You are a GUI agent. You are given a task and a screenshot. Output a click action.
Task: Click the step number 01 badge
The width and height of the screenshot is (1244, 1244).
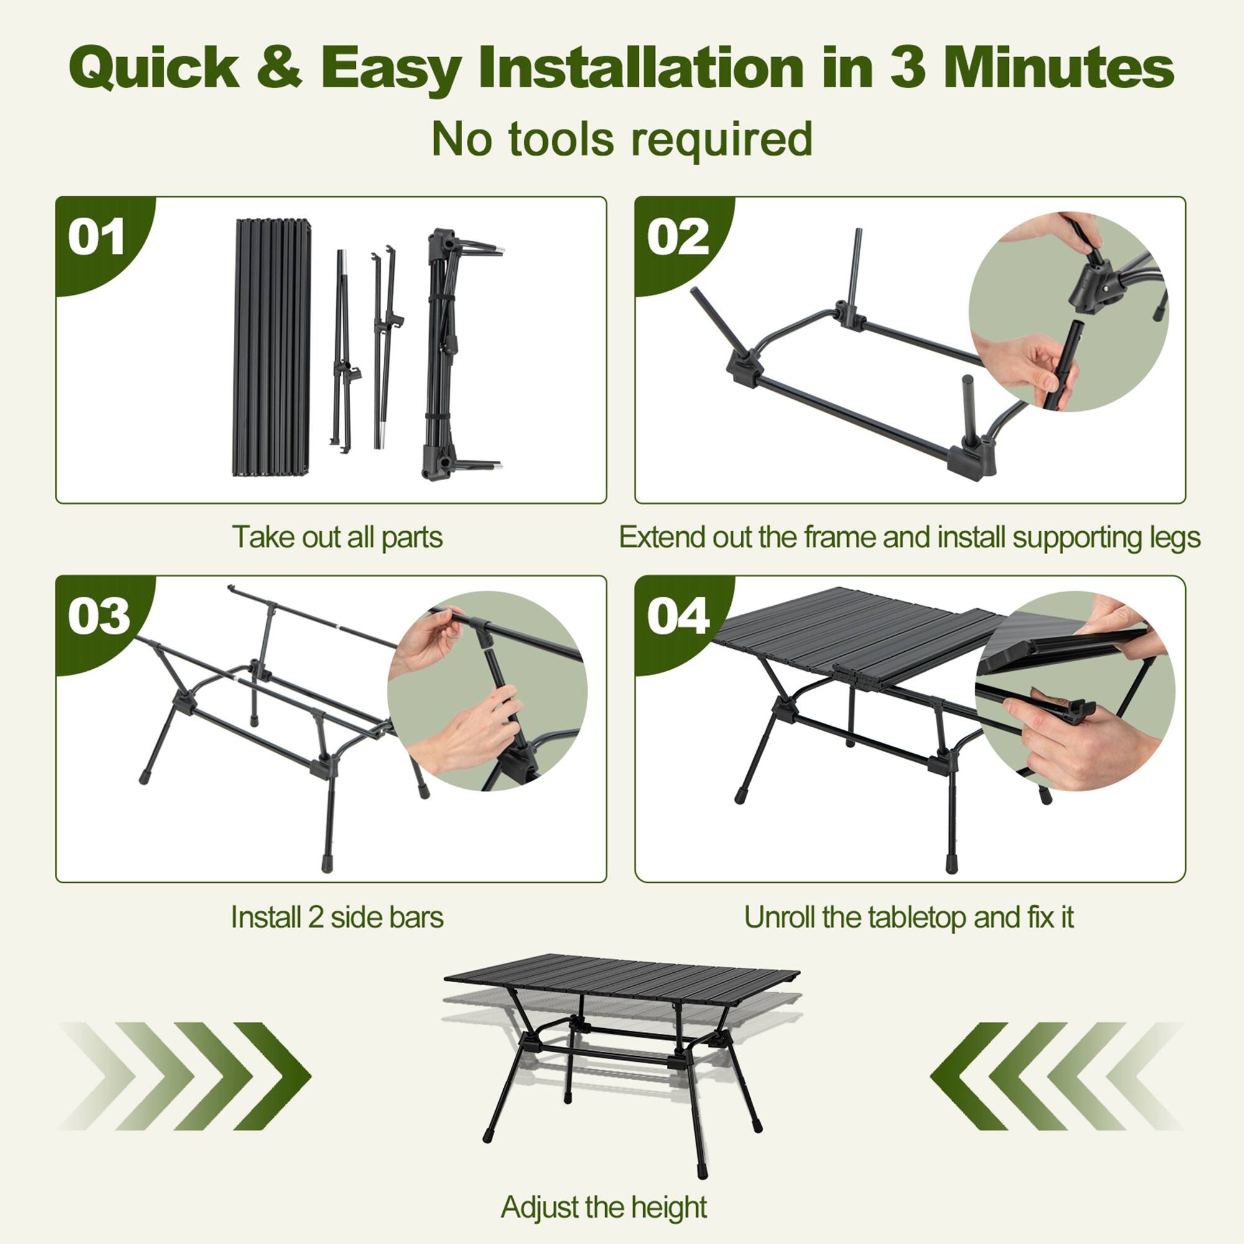(x=96, y=238)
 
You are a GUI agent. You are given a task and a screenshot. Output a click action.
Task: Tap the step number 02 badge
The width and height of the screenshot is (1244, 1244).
(x=677, y=238)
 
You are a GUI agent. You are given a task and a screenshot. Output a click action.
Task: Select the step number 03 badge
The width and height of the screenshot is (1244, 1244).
(x=98, y=616)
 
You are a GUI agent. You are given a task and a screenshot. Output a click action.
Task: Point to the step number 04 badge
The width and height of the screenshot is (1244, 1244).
(x=678, y=616)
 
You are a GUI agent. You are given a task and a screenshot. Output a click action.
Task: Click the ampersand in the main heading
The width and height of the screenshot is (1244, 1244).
(x=279, y=68)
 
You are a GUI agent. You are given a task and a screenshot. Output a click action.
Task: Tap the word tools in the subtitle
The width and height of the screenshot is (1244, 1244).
(x=561, y=139)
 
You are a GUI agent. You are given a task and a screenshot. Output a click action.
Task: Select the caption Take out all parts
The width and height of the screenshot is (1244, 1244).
(x=337, y=536)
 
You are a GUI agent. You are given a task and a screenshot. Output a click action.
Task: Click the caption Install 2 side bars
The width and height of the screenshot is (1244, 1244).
(x=337, y=917)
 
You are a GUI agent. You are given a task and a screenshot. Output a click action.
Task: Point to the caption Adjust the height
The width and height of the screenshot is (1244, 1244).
(x=603, y=1207)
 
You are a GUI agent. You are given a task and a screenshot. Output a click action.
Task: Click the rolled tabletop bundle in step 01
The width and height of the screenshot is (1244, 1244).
(x=272, y=348)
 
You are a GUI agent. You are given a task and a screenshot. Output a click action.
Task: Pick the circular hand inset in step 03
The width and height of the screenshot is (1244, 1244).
(x=488, y=691)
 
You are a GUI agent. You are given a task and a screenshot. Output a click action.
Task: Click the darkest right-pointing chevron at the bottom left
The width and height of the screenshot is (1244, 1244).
(x=271, y=1076)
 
